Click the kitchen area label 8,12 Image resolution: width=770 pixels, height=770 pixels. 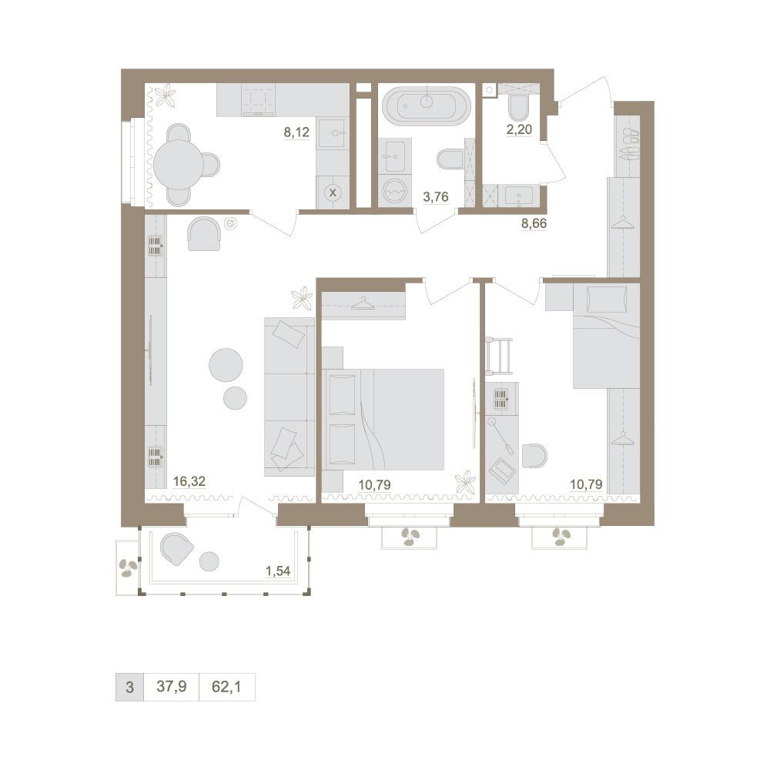tap(296, 132)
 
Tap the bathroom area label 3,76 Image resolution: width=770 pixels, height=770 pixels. tap(436, 197)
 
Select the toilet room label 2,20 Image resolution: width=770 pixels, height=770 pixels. tap(520, 129)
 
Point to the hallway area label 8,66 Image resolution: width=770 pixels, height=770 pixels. tap(534, 223)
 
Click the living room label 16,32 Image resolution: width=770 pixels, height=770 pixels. tap(189, 481)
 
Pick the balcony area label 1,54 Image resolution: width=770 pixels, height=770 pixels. tap(278, 571)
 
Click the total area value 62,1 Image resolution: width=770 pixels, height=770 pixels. tap(226, 686)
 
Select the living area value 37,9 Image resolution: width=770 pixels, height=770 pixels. tap(172, 686)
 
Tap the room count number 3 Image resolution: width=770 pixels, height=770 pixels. tap(129, 687)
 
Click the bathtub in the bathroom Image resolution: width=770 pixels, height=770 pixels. tap(427, 104)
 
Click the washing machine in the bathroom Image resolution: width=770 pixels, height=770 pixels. tap(395, 191)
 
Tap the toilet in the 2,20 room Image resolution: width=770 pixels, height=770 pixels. tap(519, 106)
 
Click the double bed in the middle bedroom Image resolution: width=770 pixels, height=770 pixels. tap(383, 419)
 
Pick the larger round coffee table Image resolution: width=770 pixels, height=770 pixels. tap(226, 365)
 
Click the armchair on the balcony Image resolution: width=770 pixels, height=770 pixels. tap(176, 548)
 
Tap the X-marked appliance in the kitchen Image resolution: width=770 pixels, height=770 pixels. tap(333, 192)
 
